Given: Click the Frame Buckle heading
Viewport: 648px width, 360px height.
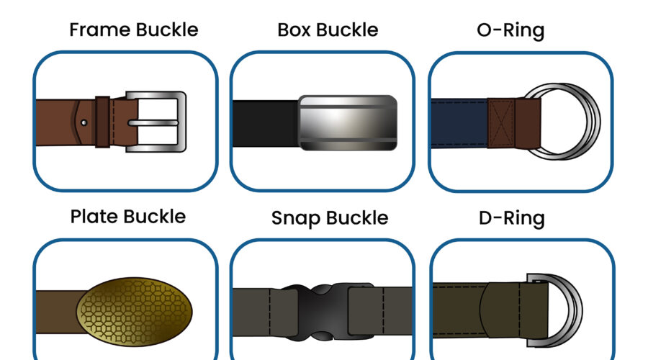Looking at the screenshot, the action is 134,30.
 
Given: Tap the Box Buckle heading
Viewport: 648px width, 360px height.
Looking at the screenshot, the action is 328,30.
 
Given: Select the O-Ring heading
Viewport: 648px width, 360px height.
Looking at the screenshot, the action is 510,30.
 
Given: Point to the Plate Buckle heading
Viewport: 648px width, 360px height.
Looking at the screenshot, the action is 128,217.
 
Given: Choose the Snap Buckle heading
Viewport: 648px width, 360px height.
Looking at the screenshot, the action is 330,218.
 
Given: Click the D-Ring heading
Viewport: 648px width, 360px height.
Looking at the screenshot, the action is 512,219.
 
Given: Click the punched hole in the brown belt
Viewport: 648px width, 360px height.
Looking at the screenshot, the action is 84,122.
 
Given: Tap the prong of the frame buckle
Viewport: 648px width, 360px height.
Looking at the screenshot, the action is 153,122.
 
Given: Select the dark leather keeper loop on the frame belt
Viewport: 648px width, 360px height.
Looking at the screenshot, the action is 102,122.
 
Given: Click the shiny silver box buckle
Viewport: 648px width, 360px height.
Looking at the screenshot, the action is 348,122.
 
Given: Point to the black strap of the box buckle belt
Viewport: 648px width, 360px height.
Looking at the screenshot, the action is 265,124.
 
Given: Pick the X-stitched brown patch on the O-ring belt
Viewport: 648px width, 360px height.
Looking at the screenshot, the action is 501,123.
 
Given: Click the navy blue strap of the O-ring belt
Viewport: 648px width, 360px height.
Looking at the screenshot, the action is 459,123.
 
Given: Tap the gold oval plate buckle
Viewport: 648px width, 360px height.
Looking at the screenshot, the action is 135,312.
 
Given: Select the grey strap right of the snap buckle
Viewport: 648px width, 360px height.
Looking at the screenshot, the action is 396,311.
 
